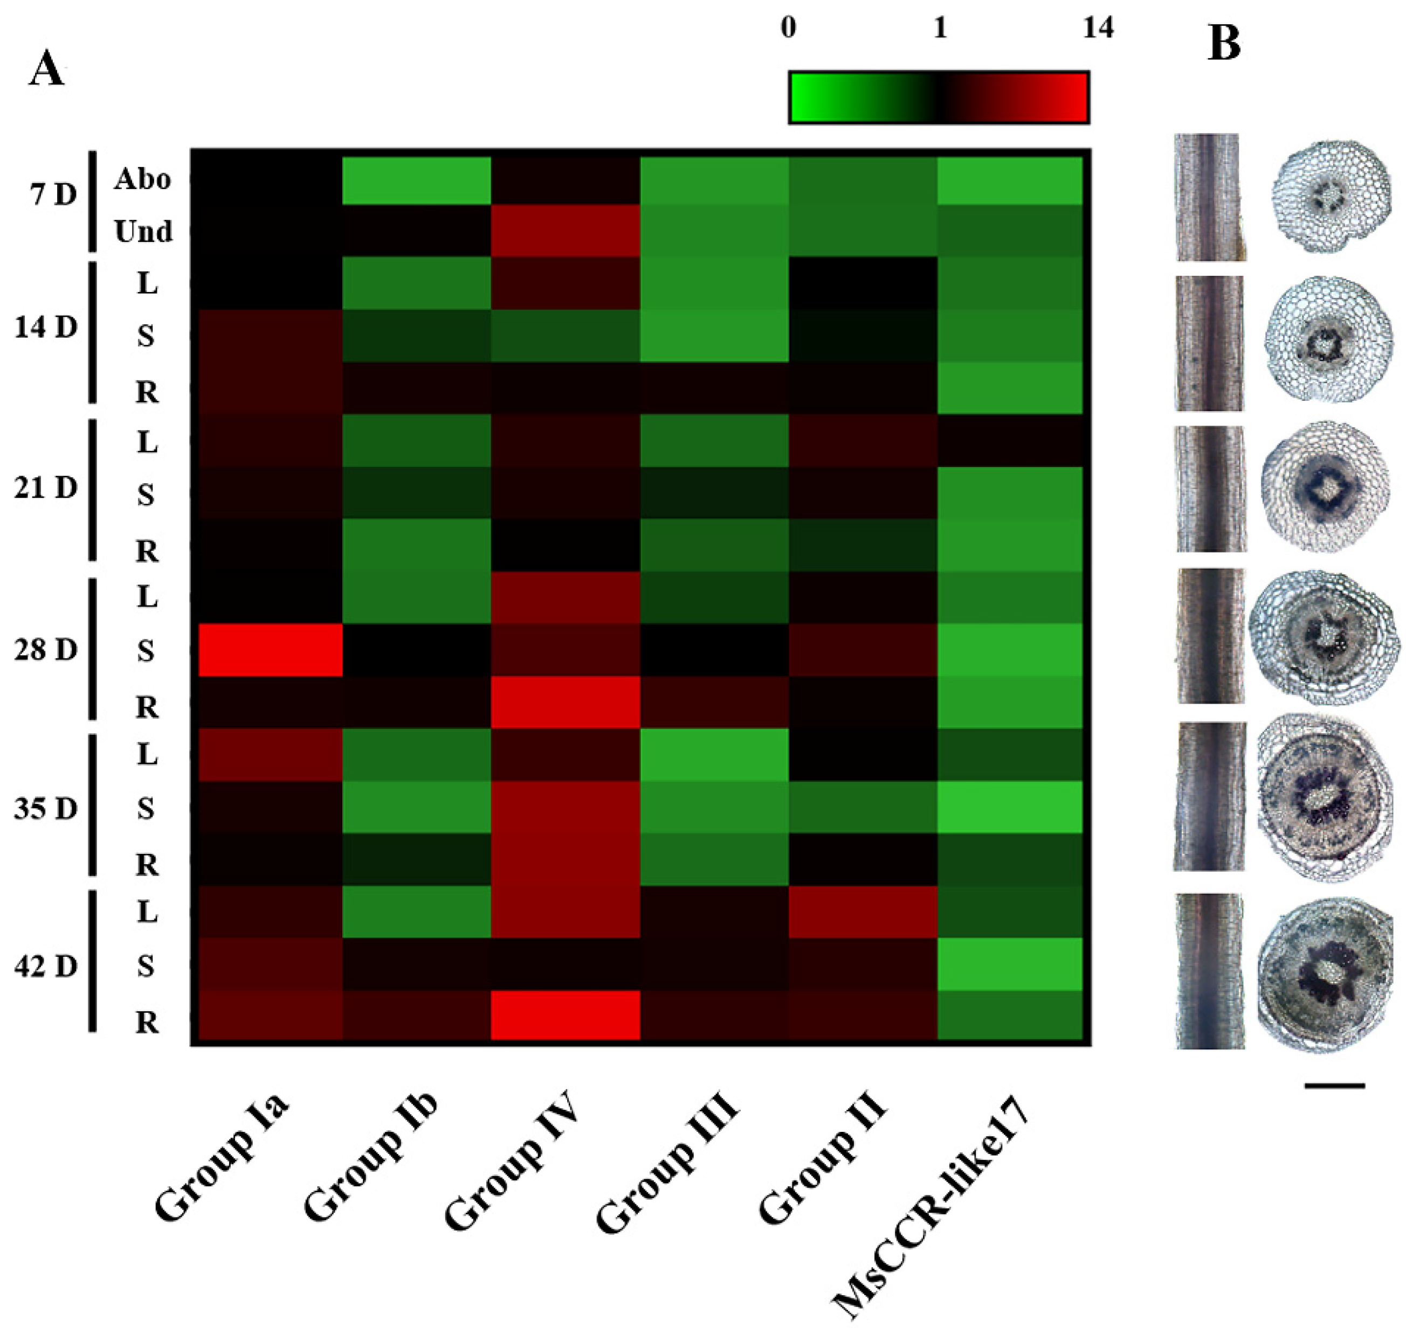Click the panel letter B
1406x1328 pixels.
click(1224, 44)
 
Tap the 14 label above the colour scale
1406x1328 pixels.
click(1098, 29)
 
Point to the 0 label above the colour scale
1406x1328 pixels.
click(788, 29)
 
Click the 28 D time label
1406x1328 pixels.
click(45, 649)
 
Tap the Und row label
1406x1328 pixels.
click(143, 232)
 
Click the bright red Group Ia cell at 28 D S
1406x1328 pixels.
click(270, 650)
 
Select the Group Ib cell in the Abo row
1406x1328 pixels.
click(417, 180)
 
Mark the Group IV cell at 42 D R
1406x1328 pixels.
click(565, 1014)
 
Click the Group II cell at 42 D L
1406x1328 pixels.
click(863, 911)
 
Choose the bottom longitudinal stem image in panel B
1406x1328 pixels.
click(1210, 970)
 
